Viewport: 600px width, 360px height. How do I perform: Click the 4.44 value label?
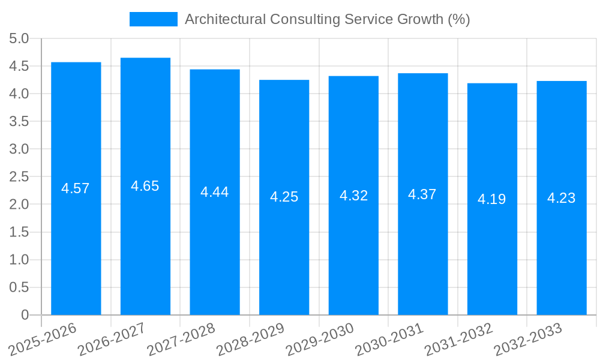pyautogui.click(x=215, y=192)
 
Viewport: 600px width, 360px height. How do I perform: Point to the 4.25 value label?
pyautogui.click(x=284, y=197)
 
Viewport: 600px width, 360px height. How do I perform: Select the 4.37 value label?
pyautogui.click(x=422, y=194)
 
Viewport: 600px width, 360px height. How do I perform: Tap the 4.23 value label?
pyautogui.click(x=561, y=198)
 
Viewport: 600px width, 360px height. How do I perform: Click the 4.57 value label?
pyautogui.click(x=76, y=188)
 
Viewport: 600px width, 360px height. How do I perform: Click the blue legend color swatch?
pyautogui.click(x=154, y=19)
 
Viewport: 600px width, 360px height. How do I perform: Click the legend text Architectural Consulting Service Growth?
pyautogui.click(x=327, y=19)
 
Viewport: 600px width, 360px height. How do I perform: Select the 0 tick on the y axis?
pyautogui.click(x=25, y=315)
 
